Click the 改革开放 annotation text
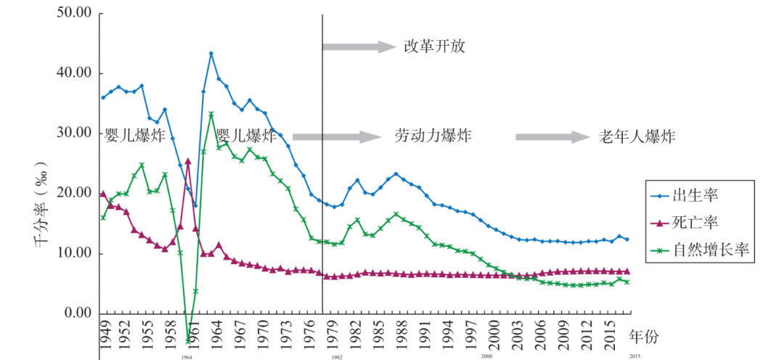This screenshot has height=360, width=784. (433, 47)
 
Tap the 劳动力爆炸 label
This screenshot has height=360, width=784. (433, 136)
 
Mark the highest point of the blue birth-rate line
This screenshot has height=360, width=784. (211, 53)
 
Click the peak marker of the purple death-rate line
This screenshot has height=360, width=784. (188, 161)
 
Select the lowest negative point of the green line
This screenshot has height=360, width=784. (188, 340)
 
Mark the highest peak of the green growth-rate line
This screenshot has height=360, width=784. (211, 114)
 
